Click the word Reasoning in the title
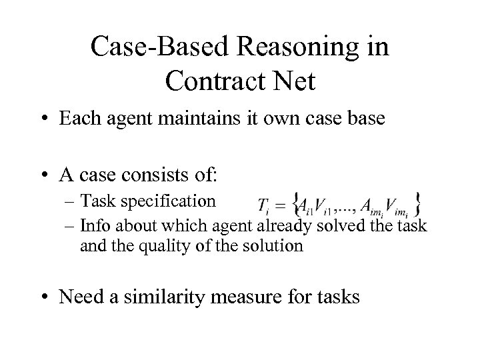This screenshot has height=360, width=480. tap(291, 49)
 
